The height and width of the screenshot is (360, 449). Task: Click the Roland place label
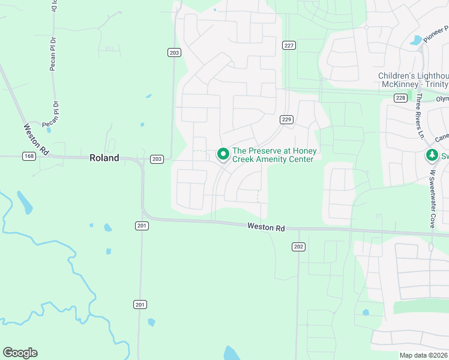[104, 158]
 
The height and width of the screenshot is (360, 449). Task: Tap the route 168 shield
[29, 157]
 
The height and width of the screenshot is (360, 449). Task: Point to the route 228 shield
[401, 98]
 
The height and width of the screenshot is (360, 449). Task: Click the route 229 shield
[286, 120]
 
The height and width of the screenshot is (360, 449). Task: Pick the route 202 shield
[298, 247]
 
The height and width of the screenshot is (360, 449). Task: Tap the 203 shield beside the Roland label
[157, 159]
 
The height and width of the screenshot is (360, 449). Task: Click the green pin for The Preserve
[223, 154]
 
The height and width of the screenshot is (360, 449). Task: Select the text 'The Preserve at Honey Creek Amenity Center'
[274, 155]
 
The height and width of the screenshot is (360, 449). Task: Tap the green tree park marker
[431, 156]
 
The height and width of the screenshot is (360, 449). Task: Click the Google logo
[20, 353]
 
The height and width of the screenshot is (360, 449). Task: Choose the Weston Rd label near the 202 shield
[266, 227]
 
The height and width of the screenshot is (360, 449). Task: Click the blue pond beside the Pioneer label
[415, 41]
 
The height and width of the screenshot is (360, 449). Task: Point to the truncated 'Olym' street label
[442, 99]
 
